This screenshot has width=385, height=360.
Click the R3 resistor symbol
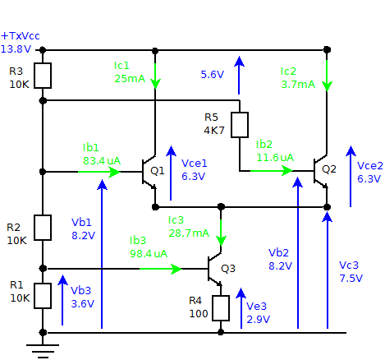point(43,76)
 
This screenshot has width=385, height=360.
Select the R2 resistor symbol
point(43,227)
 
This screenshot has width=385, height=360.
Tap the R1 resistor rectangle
point(43,294)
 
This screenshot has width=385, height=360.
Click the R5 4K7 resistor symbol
point(239,125)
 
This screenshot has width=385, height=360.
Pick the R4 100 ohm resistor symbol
point(220,307)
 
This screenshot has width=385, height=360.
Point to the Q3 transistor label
point(228,268)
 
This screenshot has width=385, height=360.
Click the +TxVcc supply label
point(20,36)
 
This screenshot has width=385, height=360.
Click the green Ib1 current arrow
point(99,172)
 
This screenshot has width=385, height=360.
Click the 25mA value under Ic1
point(129,79)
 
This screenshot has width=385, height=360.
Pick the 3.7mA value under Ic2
point(297,84)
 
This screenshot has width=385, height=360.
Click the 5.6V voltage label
point(212,74)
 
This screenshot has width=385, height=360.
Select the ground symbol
point(43,348)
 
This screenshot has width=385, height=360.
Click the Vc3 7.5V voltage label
point(351,272)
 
